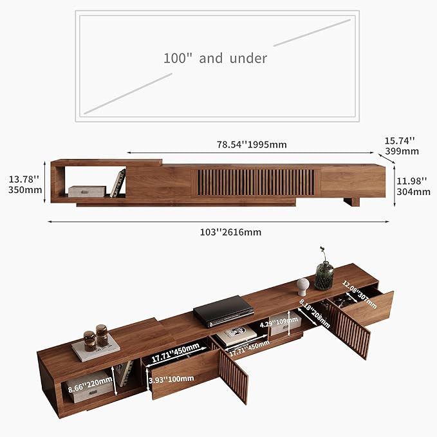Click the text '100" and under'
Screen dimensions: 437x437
point(214,58)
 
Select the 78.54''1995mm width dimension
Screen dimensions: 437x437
point(251,144)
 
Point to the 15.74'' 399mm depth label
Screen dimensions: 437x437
point(402,145)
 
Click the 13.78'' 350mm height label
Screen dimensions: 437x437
point(24,183)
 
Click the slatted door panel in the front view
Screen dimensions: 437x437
point(255,182)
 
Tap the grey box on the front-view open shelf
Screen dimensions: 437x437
point(86,191)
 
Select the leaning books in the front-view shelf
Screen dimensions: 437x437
point(118,183)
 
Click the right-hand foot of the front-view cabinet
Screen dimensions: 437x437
point(351,201)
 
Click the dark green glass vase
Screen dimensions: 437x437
point(324,275)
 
